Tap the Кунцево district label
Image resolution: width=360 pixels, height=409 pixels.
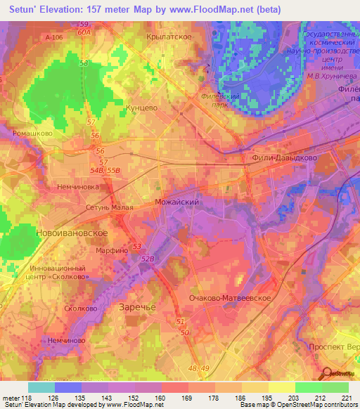[141, 109]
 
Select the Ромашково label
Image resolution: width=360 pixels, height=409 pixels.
[32, 132]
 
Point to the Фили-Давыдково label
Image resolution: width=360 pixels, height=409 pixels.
[284, 158]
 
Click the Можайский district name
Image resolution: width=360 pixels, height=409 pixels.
[178, 202]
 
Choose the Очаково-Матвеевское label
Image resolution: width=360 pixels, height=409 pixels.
[230, 298]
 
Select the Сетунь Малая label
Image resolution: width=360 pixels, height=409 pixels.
[90, 208]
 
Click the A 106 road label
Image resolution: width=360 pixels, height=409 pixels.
[53, 36]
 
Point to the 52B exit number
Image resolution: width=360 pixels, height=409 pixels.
[147, 259]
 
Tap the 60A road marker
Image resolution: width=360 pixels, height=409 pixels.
[84, 32]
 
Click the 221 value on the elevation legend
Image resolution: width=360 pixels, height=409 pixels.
[345, 398]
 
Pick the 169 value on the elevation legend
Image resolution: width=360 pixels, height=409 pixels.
[186, 398]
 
